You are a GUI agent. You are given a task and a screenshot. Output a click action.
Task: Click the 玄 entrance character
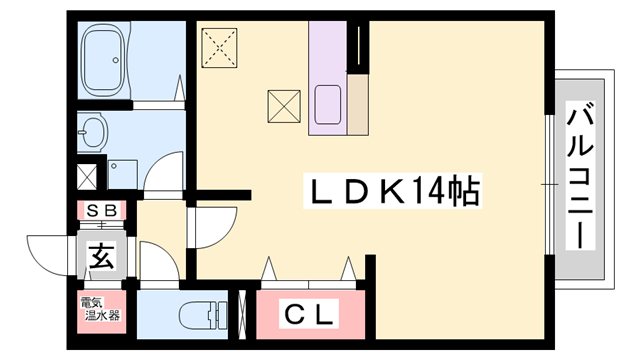101,257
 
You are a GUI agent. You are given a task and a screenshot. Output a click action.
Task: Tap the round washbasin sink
94,130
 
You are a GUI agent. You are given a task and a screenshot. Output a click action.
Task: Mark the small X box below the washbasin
87,177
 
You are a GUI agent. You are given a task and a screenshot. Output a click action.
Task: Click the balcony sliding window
549,185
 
